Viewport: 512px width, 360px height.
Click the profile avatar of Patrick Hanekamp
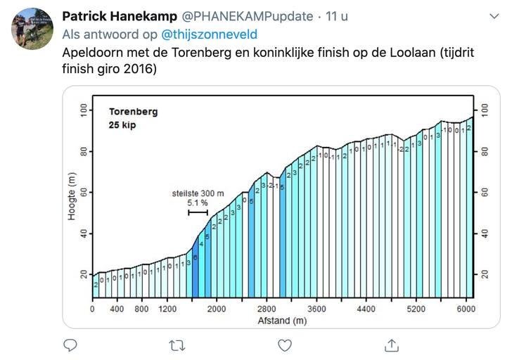(x=32, y=29)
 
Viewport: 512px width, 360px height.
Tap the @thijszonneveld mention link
(x=209, y=34)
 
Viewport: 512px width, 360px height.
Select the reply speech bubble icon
(x=70, y=345)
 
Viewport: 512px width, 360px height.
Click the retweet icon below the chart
(x=177, y=345)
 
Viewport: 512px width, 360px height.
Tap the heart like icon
(x=284, y=345)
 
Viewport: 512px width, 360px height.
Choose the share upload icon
(x=392, y=345)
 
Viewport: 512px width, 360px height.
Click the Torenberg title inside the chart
(x=133, y=111)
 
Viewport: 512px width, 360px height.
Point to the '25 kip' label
(x=122, y=125)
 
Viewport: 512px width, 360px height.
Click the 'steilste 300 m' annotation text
(x=198, y=193)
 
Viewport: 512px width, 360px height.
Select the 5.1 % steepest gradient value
(x=198, y=203)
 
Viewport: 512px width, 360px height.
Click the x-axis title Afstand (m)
(x=281, y=321)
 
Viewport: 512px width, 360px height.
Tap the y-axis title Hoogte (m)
(x=72, y=198)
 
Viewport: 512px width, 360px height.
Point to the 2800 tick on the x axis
(x=267, y=309)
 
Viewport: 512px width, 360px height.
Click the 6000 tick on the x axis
(x=466, y=309)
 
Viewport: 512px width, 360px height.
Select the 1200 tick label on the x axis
(x=167, y=309)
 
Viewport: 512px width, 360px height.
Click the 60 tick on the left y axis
(x=84, y=192)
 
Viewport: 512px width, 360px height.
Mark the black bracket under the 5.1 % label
(x=198, y=212)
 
